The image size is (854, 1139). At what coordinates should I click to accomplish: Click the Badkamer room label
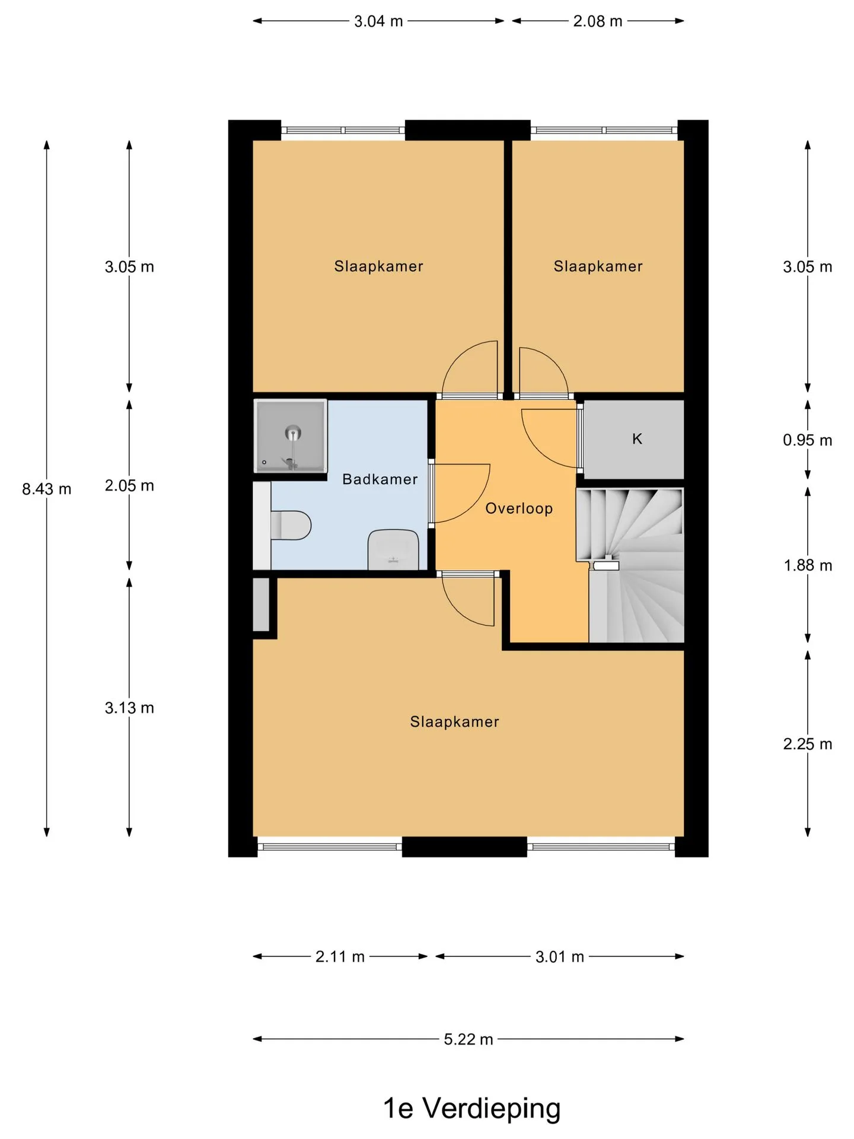click(380, 479)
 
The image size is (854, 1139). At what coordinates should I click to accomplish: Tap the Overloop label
click(519, 508)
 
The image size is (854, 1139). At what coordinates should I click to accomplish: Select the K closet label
click(637, 438)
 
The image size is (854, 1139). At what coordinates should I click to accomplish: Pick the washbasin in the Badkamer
click(393, 550)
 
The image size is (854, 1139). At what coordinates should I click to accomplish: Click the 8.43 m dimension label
click(46, 489)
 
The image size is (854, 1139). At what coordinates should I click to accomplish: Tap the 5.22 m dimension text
click(469, 1039)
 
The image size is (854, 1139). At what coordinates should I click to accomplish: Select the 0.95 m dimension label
click(807, 440)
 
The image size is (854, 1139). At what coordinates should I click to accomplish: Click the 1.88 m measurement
click(808, 565)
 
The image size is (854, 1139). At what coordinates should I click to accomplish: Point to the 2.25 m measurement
click(807, 743)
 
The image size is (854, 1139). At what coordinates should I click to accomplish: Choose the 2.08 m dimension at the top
click(598, 21)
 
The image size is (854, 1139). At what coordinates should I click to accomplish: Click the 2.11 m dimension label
click(340, 956)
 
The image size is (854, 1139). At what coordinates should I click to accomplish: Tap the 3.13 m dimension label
click(129, 707)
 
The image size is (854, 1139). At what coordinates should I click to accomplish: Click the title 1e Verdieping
click(471, 1108)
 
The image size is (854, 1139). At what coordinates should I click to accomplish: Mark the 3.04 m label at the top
click(378, 21)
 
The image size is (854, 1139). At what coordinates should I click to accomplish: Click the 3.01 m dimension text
click(560, 956)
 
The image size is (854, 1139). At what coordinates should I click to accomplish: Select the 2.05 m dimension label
click(129, 485)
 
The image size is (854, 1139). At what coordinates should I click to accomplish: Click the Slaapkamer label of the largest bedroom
click(454, 721)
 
